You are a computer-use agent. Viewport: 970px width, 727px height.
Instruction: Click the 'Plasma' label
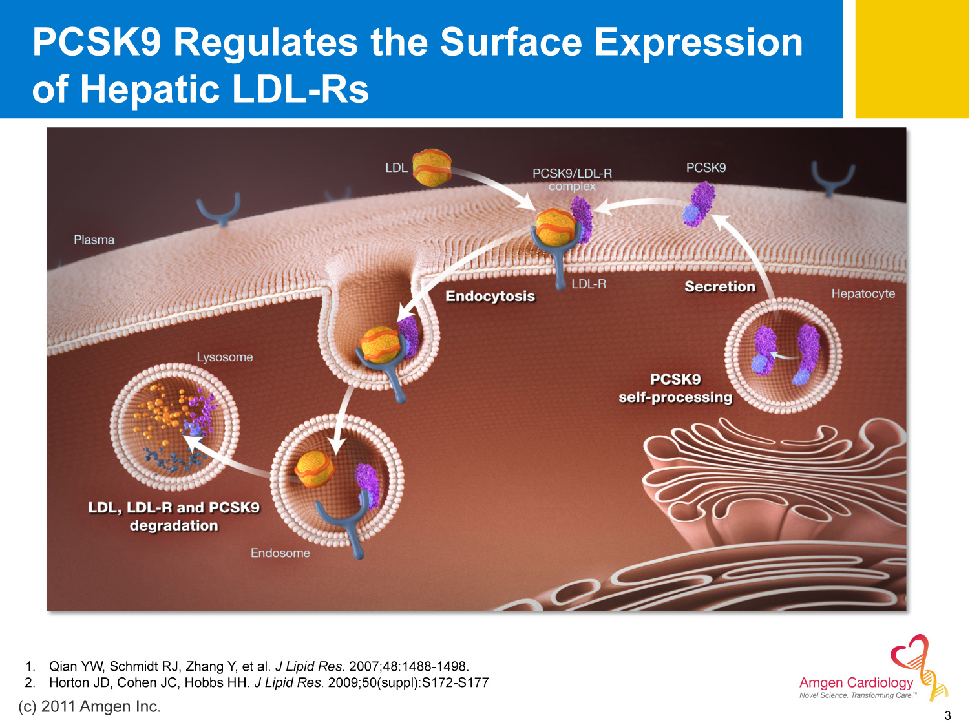pyautogui.click(x=94, y=240)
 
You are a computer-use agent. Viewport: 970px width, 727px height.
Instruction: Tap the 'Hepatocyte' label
pyautogui.click(x=863, y=293)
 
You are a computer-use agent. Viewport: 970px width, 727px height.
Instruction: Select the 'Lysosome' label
pyautogui.click(x=224, y=357)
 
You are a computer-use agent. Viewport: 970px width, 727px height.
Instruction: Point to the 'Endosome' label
pyautogui.click(x=280, y=553)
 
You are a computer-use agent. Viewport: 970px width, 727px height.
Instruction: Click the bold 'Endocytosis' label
pyautogui.click(x=490, y=296)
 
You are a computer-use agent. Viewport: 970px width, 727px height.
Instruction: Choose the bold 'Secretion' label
pyautogui.click(x=719, y=286)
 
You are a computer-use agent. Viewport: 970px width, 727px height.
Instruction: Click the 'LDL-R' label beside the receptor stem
pyautogui.click(x=589, y=284)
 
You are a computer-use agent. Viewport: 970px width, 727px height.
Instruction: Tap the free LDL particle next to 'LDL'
pyautogui.click(x=431, y=168)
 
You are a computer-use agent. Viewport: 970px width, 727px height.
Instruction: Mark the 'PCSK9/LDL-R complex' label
pyautogui.click(x=572, y=180)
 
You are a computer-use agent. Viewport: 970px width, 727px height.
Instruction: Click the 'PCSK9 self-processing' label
pyautogui.click(x=675, y=388)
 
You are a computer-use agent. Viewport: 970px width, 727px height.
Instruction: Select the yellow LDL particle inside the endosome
pyautogui.click(x=315, y=467)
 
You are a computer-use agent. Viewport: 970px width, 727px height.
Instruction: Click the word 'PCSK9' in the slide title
pyautogui.click(x=96, y=43)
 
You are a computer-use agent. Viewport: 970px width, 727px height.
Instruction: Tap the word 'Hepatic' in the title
pyautogui.click(x=150, y=89)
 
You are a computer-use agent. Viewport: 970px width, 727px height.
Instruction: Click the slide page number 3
pyautogui.click(x=947, y=715)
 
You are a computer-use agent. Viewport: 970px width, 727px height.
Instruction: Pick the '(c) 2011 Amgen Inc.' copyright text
pyautogui.click(x=89, y=706)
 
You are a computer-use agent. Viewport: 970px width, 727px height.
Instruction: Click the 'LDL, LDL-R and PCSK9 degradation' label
pyautogui.click(x=173, y=516)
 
